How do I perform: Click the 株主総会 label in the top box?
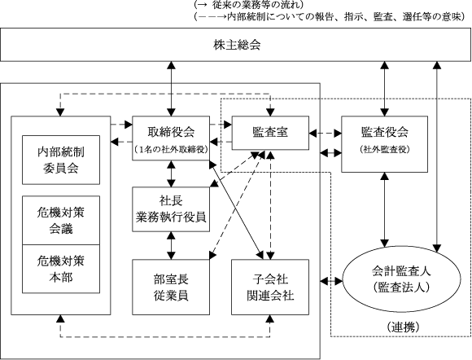click(x=237, y=45)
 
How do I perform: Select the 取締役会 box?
click(x=171, y=138)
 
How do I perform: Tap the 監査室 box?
click(x=270, y=133)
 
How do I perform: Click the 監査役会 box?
click(x=384, y=144)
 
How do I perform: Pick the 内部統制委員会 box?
click(x=61, y=160)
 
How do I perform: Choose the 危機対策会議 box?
click(x=61, y=221)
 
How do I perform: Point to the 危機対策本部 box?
click(x=61, y=269)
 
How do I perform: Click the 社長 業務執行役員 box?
click(x=171, y=209)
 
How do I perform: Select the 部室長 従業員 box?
click(x=171, y=287)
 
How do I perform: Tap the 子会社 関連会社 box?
click(x=270, y=287)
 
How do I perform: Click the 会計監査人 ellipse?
click(x=402, y=279)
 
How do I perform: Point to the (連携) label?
click(x=403, y=327)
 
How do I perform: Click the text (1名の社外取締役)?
click(x=171, y=149)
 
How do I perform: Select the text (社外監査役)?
click(x=385, y=149)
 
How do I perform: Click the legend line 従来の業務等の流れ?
click(x=249, y=5)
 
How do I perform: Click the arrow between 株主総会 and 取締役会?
click(x=171, y=89)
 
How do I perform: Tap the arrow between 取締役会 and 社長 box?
click(x=171, y=173)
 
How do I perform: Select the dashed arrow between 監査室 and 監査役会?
click(x=325, y=133)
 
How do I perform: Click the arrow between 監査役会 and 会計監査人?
click(x=384, y=209)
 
